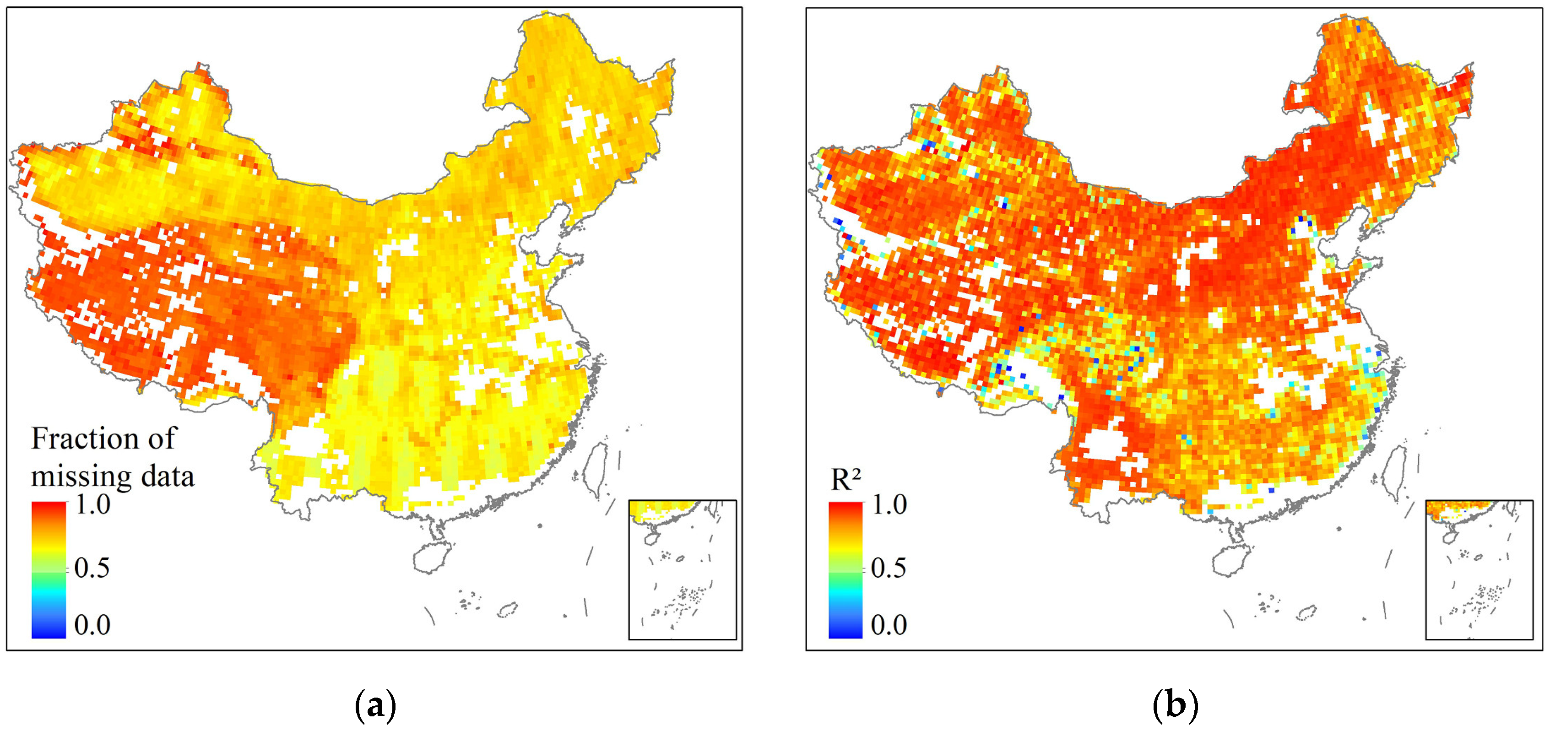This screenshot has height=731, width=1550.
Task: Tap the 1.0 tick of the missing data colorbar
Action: point(92,504)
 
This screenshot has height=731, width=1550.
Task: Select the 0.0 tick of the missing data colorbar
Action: point(92,625)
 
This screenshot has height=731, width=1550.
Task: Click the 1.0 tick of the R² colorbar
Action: point(889,504)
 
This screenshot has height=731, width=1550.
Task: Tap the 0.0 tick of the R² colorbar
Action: point(889,625)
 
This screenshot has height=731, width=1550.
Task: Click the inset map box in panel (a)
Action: point(683,569)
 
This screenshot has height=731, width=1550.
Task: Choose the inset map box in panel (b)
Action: point(1479,569)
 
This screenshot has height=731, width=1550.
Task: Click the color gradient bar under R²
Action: point(845,569)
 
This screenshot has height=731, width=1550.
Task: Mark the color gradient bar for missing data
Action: point(49,569)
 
